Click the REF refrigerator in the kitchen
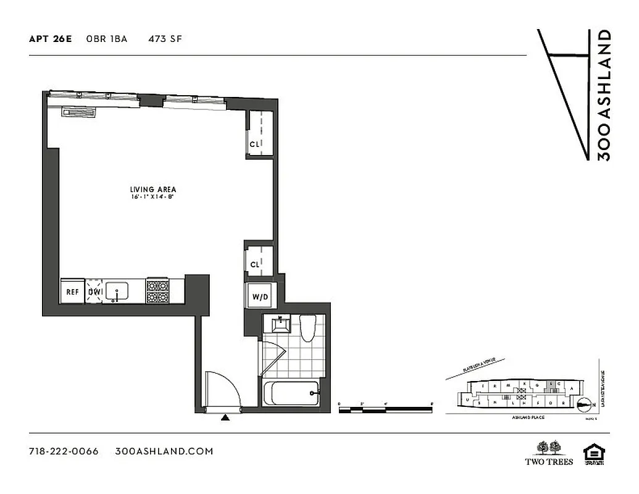tap(72, 291)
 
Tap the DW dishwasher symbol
tap(94, 291)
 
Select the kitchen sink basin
tap(117, 291)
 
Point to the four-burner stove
tap(157, 291)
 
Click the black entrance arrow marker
tap(226, 418)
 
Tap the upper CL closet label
tap(254, 144)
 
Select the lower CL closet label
tap(254, 265)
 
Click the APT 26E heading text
tap(51, 39)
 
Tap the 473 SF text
tap(164, 39)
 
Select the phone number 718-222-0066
tap(64, 451)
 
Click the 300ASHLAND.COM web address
tap(164, 451)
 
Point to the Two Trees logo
tap(549, 453)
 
